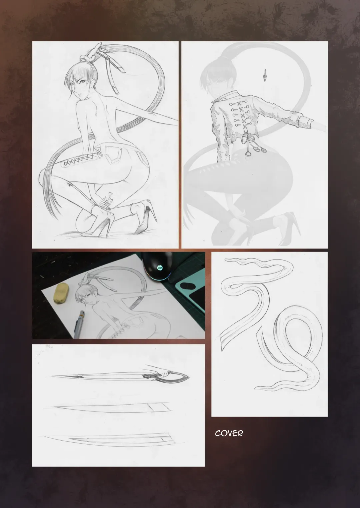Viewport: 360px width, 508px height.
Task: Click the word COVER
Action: [229, 433]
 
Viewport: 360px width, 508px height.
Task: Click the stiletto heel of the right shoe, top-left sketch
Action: [154, 210]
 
